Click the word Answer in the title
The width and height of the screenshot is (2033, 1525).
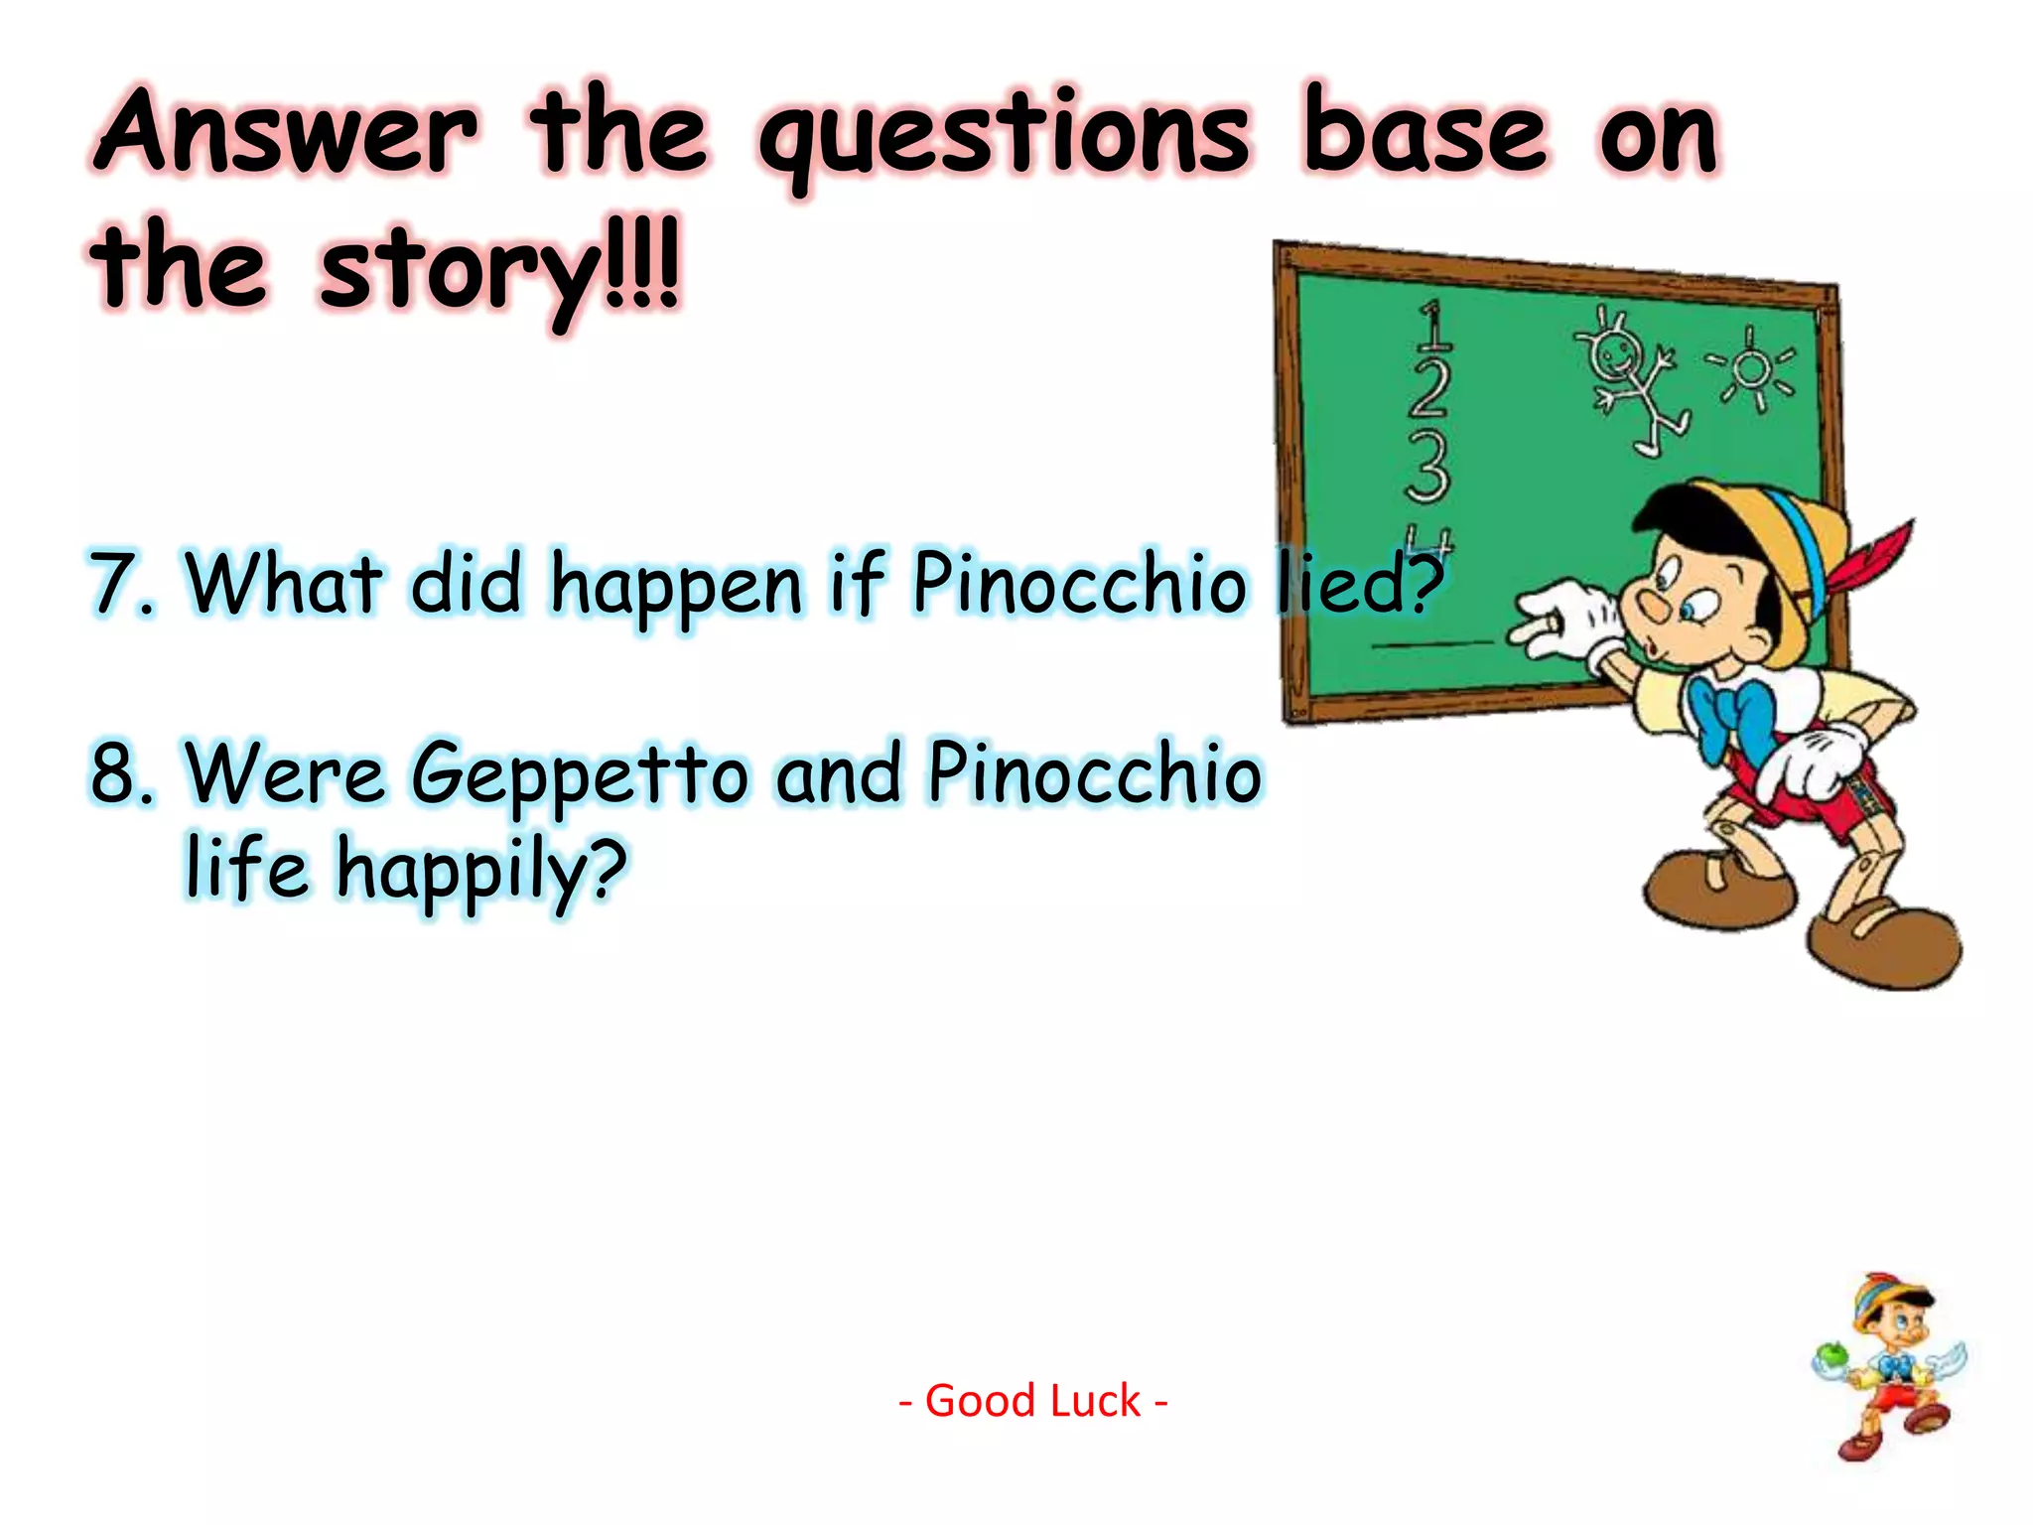click(288, 132)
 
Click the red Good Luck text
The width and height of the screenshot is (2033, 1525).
click(1032, 1401)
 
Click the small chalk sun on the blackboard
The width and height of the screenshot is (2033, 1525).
click(1751, 370)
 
